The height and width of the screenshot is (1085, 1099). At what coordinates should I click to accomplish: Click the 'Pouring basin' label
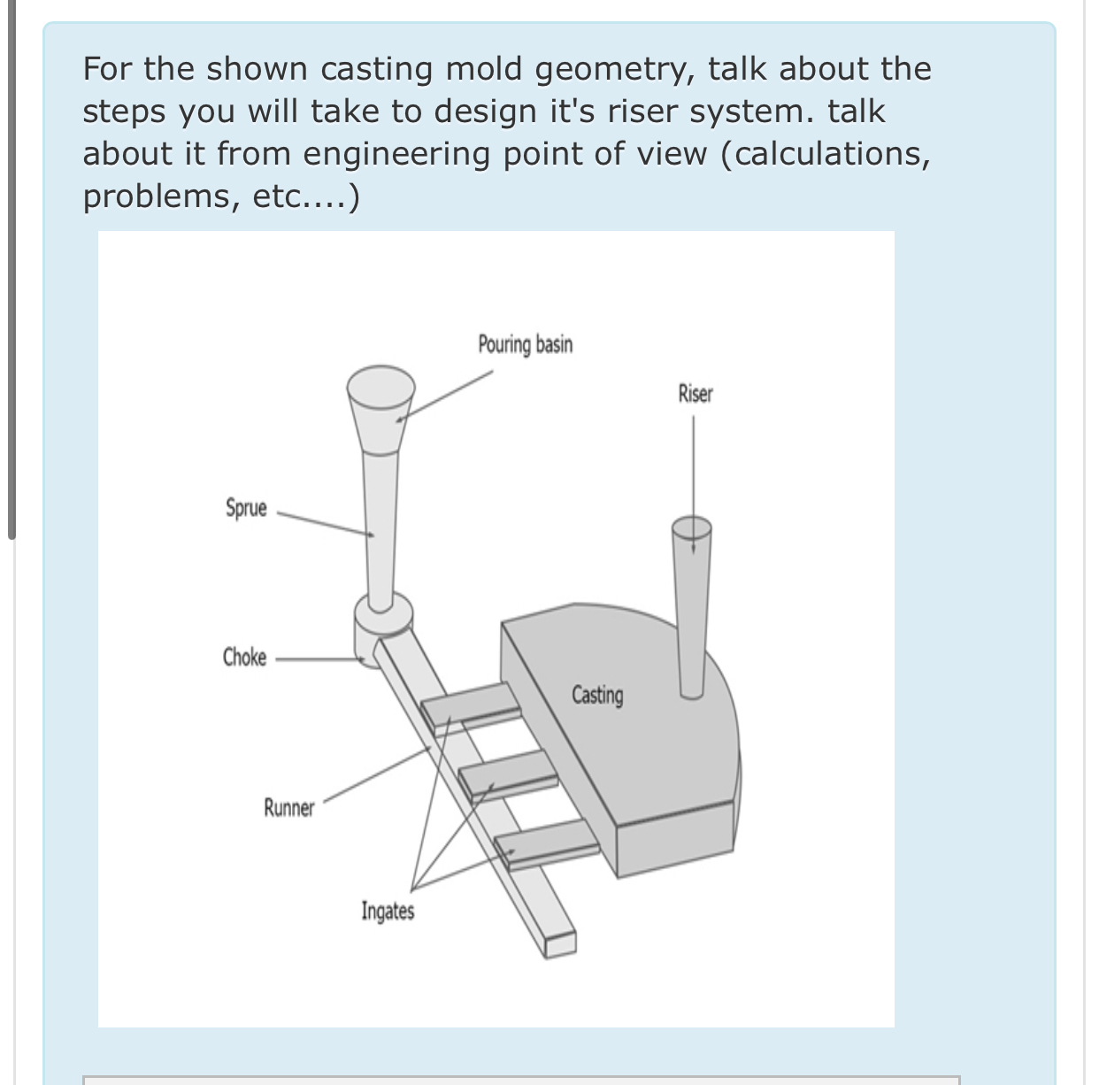tap(525, 344)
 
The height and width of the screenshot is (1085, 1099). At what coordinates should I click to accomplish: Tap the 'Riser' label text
tap(695, 394)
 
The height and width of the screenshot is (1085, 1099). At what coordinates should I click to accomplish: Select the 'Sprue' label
tap(246, 508)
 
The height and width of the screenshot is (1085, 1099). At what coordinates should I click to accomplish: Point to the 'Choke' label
tap(244, 658)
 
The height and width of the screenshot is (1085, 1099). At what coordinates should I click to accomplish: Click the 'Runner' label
tap(288, 808)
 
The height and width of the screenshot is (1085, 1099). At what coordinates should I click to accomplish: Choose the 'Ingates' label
tap(388, 911)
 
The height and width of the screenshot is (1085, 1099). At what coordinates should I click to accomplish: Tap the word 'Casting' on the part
tap(597, 695)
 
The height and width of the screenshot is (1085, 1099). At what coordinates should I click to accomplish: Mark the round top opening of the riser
tap(691, 528)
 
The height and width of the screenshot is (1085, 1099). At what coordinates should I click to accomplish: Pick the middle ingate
tap(507, 773)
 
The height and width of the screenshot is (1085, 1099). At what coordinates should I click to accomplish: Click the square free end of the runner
tap(560, 944)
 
